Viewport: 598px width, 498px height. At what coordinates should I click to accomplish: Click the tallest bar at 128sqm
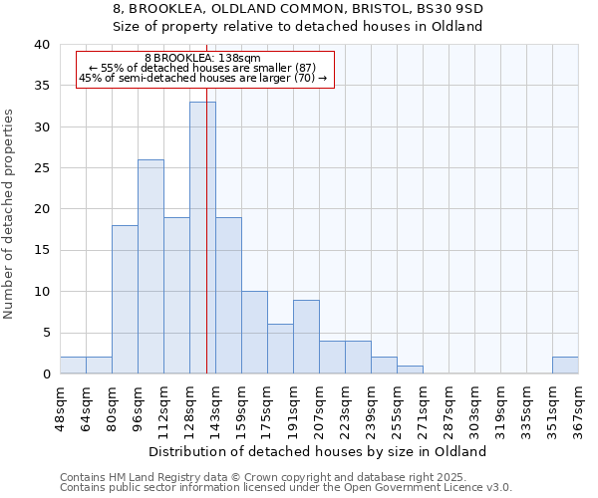(202, 238)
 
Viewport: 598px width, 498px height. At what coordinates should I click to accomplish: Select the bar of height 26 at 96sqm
(150, 267)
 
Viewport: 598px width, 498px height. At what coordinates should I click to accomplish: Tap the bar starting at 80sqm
(125, 300)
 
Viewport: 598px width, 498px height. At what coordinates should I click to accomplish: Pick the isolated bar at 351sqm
(565, 366)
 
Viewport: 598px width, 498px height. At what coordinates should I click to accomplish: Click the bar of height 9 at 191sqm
(306, 337)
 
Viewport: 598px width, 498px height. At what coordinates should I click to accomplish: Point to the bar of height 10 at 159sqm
(254, 333)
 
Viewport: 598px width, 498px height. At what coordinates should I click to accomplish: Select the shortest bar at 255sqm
(410, 370)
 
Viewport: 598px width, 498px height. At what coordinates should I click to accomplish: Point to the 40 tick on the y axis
(41, 45)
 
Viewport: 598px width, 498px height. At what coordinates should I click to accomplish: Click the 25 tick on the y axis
(41, 168)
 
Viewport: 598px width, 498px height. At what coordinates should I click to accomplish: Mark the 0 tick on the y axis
(45, 374)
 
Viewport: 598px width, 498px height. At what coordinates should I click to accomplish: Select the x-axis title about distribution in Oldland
(318, 451)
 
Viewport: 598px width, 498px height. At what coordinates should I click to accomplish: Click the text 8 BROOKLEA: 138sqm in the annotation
(202, 59)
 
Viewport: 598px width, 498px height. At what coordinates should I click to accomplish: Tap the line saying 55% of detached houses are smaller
(203, 68)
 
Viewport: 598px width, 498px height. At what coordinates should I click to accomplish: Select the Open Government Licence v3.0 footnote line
(286, 488)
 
